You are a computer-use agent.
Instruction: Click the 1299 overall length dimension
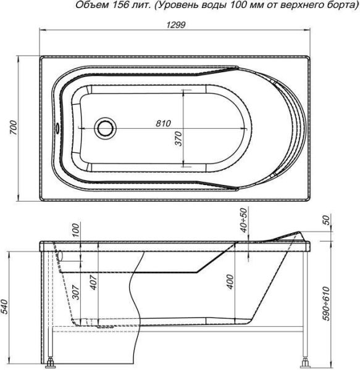[176, 25]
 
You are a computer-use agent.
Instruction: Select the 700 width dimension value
[14, 128]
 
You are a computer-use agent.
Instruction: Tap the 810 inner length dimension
[163, 123]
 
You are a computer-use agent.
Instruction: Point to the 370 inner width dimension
[179, 139]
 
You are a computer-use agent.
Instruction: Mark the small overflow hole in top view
[57, 128]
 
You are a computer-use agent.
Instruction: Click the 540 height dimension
[5, 306]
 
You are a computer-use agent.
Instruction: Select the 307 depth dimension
[75, 292]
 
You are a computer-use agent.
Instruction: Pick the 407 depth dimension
[93, 282]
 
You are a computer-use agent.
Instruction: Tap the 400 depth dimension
[230, 282]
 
